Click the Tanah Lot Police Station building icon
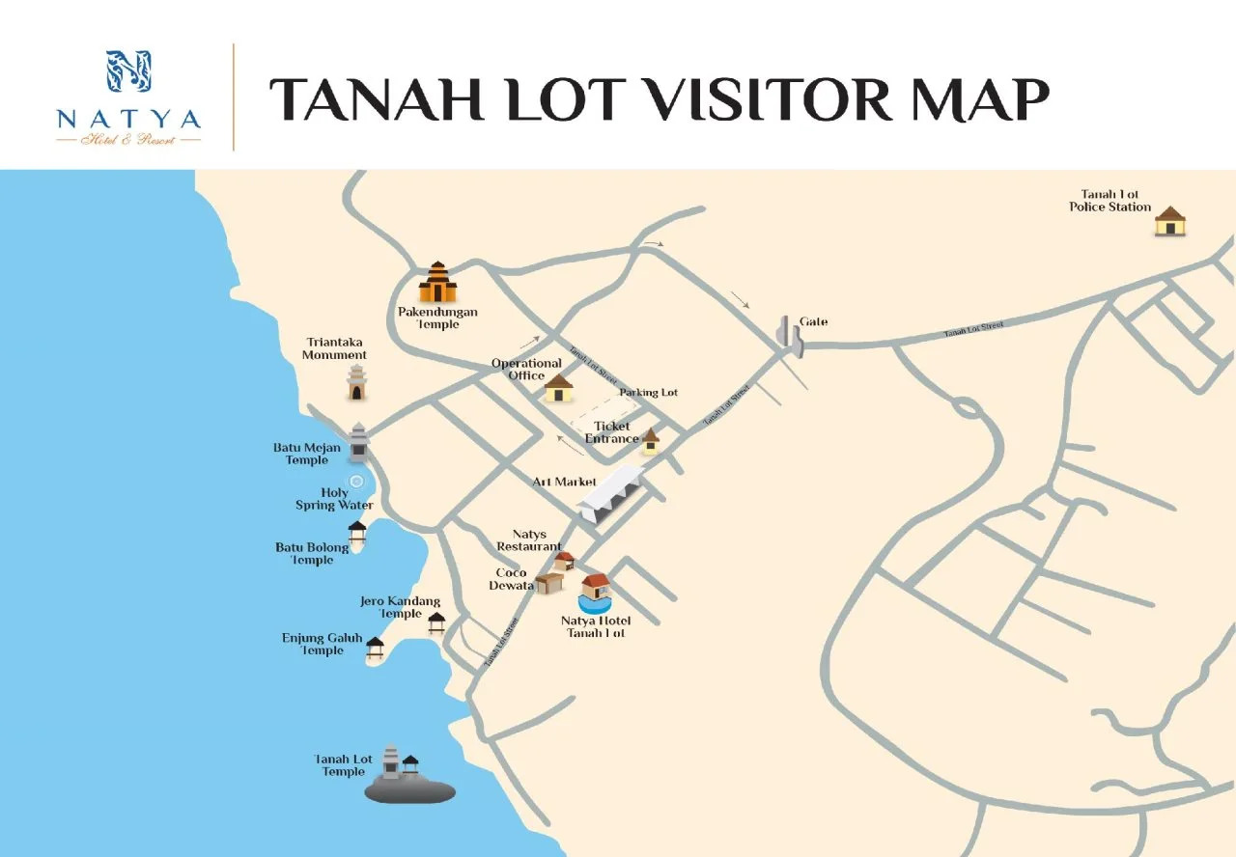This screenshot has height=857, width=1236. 1170,221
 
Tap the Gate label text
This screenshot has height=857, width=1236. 813,321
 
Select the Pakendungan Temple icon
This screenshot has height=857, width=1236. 437,282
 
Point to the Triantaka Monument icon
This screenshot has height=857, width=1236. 357,382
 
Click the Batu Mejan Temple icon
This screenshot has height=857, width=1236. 359,443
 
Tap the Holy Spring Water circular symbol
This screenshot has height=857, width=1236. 356,481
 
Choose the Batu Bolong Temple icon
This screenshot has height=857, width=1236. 357,534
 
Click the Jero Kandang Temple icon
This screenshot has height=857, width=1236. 436,622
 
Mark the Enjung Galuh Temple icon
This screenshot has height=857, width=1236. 375,649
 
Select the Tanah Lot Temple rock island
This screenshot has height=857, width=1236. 409,789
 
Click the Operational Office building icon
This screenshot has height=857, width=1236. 558,388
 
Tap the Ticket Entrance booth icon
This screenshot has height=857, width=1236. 651,439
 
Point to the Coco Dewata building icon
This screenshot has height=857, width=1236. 548,582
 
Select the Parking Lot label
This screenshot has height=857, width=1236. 648,393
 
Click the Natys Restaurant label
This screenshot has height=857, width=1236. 529,540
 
